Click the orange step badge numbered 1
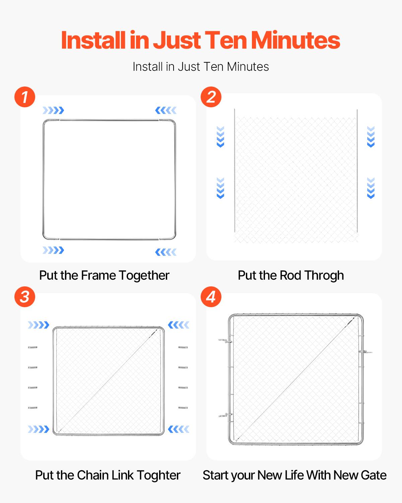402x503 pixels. pos(25,97)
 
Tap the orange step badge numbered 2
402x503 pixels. pos(211,97)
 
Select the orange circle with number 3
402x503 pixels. pos(25,297)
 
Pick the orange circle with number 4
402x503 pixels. pos(211,297)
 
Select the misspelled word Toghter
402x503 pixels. pos(158,475)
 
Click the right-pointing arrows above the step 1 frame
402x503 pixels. pos(53,110)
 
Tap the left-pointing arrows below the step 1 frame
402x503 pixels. pos(166,252)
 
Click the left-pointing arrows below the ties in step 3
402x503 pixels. pos(179,429)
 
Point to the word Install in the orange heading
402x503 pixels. pos(93,40)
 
